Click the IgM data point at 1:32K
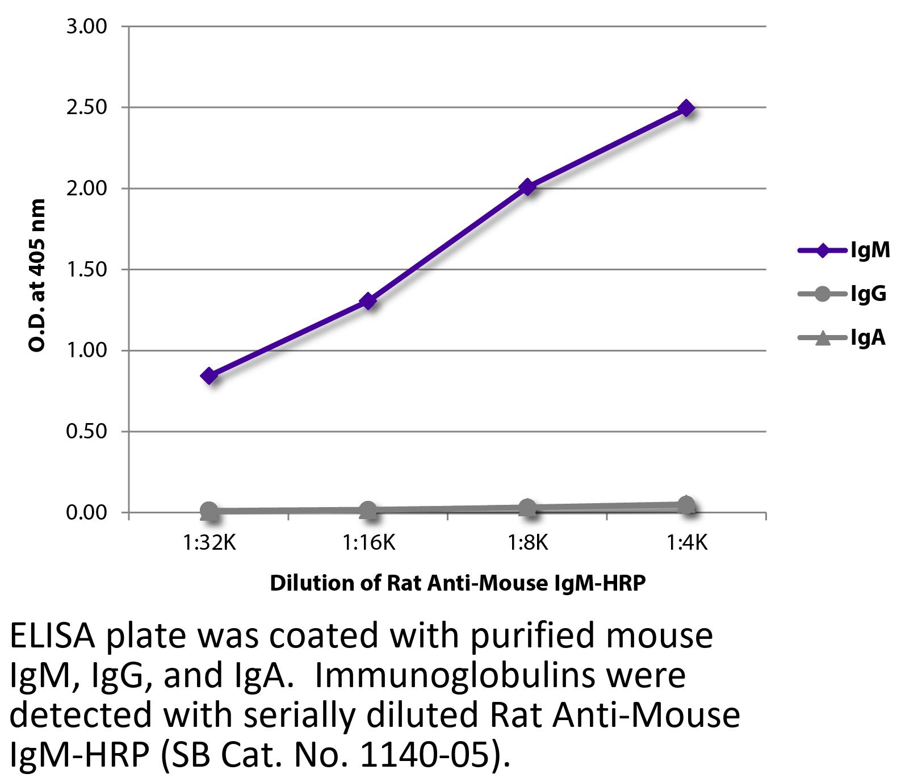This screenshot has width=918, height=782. [209, 375]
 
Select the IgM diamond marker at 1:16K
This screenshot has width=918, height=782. [368, 300]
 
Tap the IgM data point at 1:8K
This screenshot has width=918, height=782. [527, 187]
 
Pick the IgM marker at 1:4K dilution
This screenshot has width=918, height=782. [687, 108]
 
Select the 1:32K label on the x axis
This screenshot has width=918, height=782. [209, 543]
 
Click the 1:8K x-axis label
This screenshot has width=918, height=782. [527, 543]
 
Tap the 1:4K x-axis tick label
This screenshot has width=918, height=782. [687, 543]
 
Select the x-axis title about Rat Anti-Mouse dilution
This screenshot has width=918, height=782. [458, 583]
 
